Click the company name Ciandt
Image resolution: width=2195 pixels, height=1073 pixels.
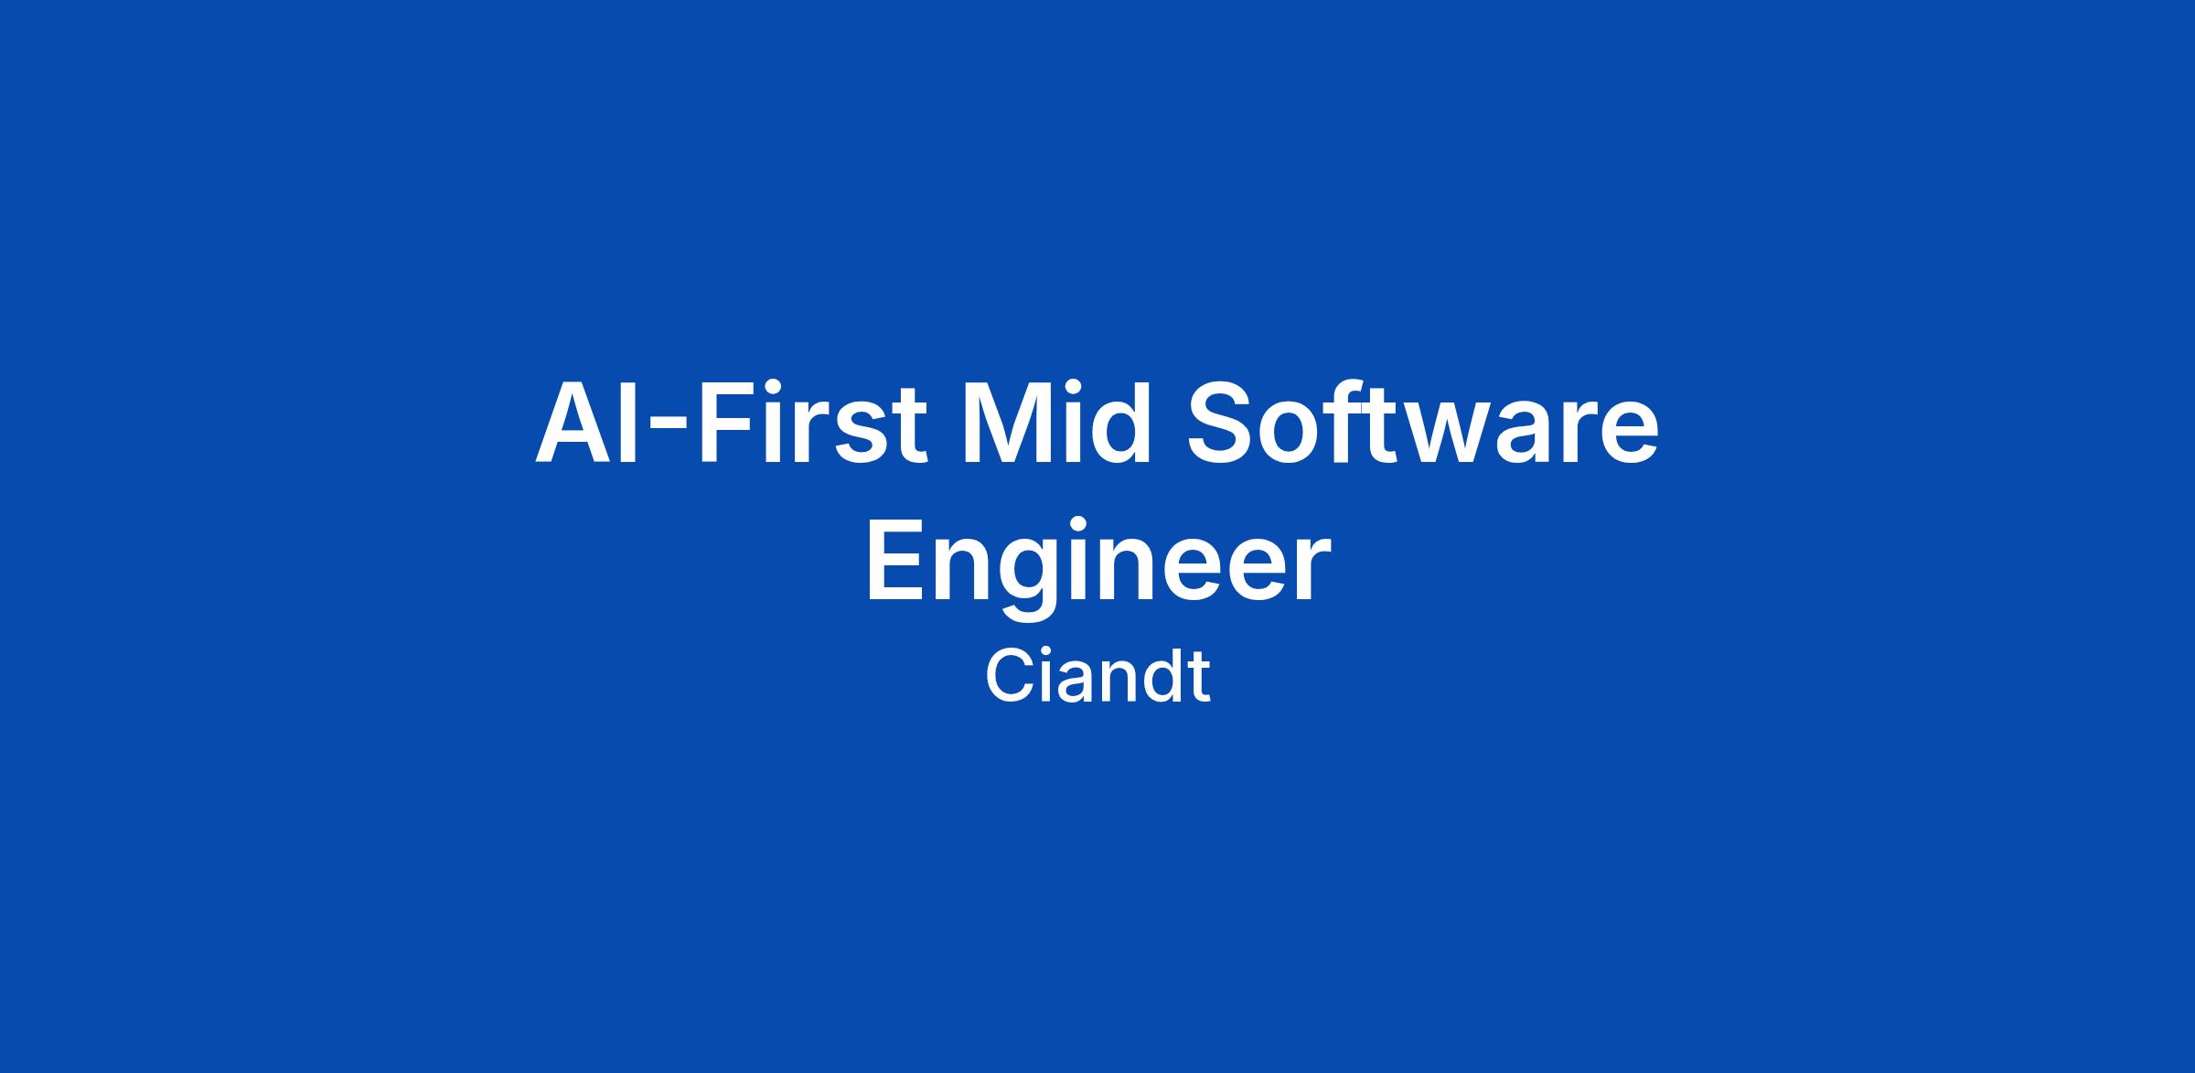(1097, 677)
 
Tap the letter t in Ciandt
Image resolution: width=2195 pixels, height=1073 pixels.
(1201, 680)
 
